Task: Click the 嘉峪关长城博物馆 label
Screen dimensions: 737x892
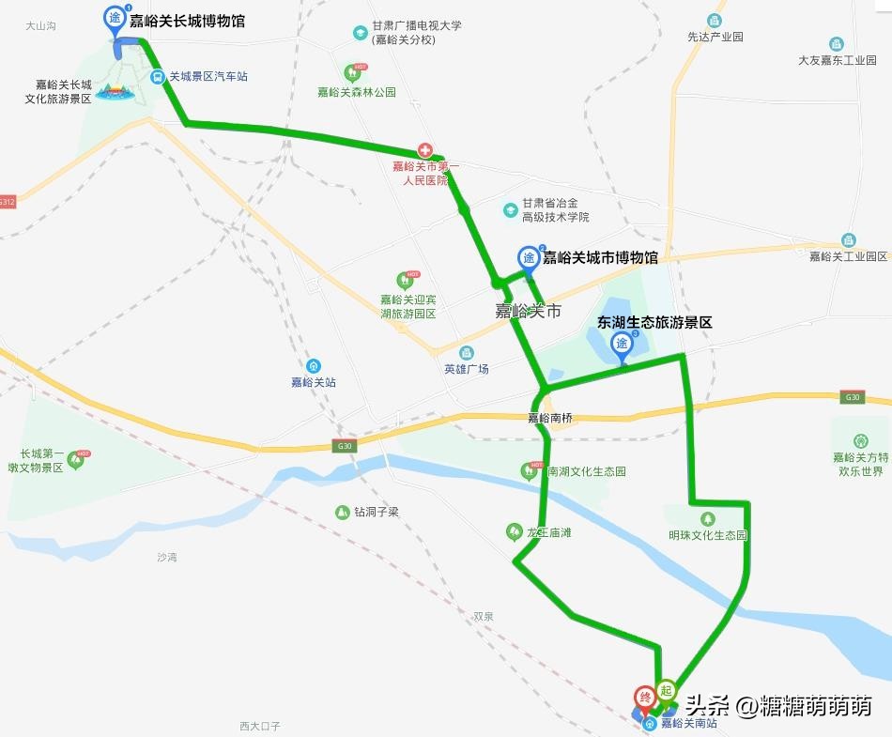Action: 187,21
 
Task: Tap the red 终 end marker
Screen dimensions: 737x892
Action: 645,698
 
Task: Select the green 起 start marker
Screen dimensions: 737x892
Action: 666,690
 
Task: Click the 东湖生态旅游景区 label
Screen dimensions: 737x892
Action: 654,321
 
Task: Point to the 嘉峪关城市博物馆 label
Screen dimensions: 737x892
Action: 600,257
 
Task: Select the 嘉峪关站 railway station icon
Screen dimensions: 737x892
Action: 314,366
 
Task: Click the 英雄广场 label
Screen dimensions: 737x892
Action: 467,369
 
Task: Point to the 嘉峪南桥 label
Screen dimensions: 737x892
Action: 549,419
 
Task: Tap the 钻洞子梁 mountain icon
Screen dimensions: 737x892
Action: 342,513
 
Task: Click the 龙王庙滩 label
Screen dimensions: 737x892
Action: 549,532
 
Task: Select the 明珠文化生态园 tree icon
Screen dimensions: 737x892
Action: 707,518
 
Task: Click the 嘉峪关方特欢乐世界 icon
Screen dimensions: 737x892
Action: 861,440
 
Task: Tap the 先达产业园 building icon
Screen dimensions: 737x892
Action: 715,21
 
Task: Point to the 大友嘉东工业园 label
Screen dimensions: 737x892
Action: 837,60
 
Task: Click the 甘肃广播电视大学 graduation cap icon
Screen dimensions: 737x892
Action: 360,33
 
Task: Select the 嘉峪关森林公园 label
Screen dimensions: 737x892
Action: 356,92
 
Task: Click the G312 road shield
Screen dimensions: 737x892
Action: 8,203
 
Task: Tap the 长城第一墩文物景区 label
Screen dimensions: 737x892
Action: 49,460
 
